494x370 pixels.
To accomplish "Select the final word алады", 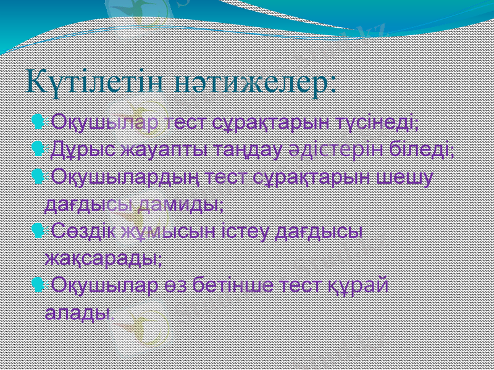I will pyautogui.click(x=78, y=311).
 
